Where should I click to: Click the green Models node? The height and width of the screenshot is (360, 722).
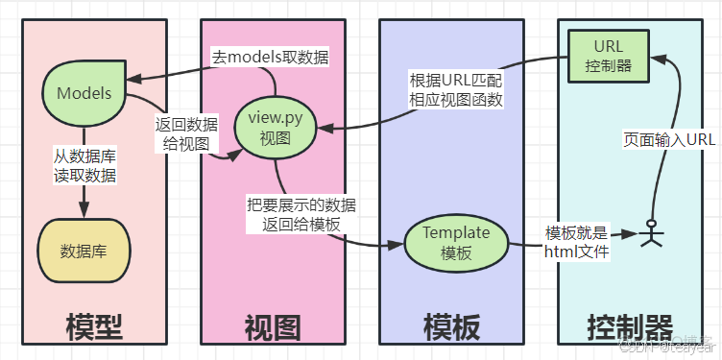coord(84,93)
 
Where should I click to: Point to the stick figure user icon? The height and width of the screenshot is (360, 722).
coord(653,233)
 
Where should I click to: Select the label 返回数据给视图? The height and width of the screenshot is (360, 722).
coord(186,134)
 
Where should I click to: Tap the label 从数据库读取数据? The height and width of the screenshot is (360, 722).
coord(85,164)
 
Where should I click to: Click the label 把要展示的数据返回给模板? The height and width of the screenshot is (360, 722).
coord(301,214)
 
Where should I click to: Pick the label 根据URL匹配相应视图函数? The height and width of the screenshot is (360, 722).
coord(456,89)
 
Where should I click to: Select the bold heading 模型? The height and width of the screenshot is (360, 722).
coord(94,328)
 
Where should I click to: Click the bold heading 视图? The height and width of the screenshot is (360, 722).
coord(273,328)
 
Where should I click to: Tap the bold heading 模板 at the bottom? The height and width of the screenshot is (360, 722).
coord(451,328)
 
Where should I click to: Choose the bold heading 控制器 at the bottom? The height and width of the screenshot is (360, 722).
coord(629,328)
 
